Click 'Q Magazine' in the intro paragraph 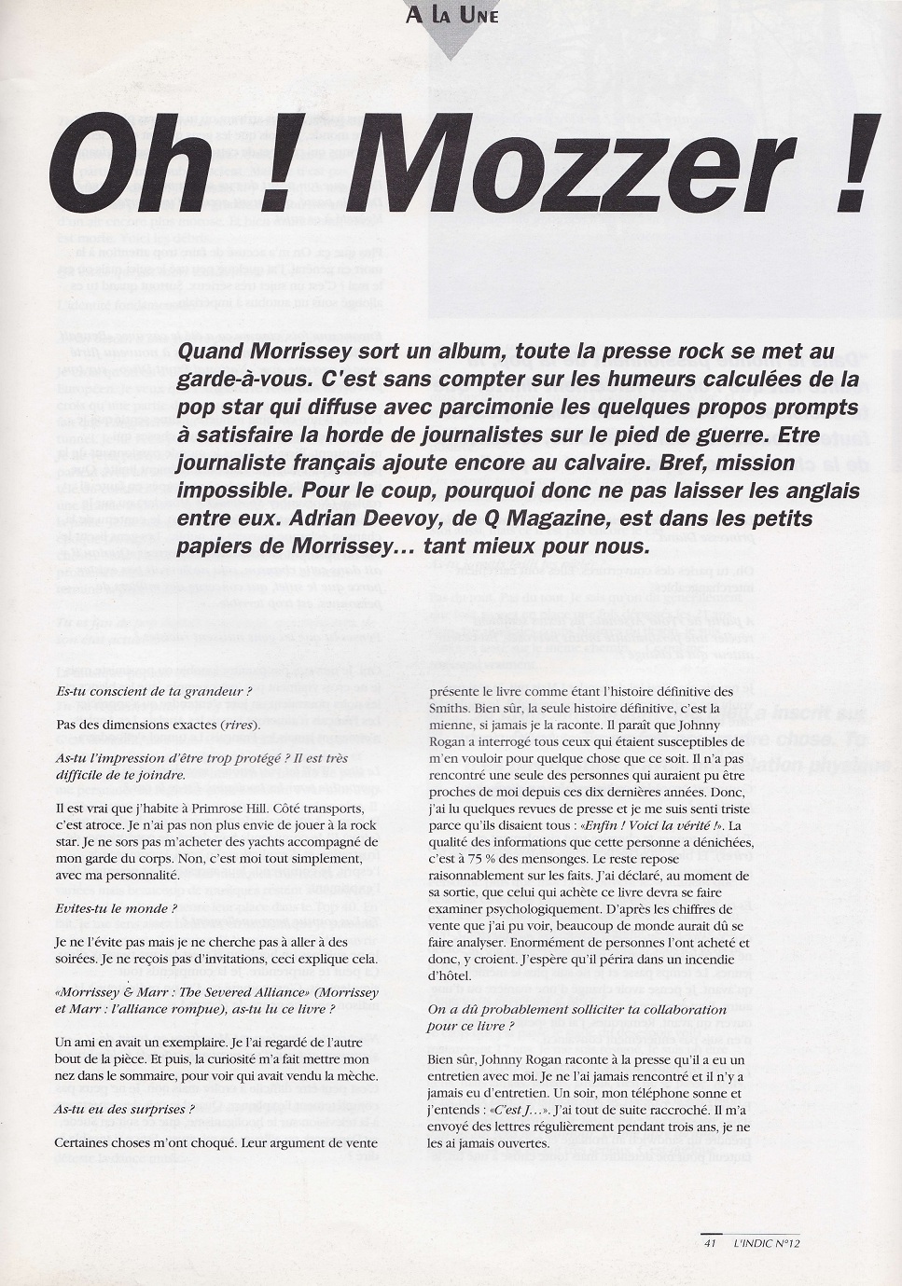[x=615, y=519]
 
